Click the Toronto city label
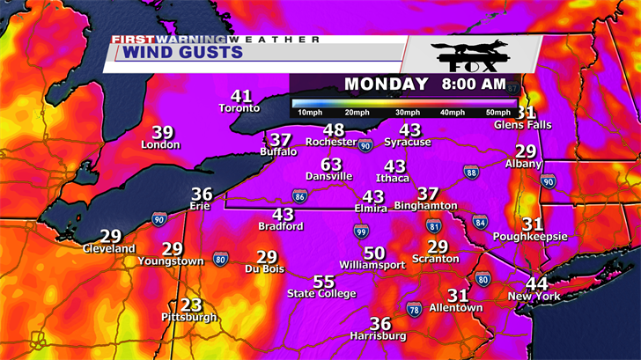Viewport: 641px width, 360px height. (x=239, y=108)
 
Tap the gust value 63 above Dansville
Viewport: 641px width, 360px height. (x=331, y=165)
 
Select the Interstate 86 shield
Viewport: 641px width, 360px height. (x=299, y=196)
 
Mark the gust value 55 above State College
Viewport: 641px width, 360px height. (x=324, y=282)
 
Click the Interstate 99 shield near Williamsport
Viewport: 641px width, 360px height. (x=361, y=231)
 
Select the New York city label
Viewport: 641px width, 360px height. (x=534, y=297)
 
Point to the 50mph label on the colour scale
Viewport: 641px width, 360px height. (x=497, y=113)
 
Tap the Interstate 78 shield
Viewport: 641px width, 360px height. (x=414, y=308)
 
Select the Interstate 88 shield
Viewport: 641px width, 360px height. (x=471, y=173)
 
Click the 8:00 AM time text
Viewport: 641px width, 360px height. (x=473, y=84)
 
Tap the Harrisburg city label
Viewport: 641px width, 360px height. (x=378, y=336)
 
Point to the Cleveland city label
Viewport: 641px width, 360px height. (x=109, y=249)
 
